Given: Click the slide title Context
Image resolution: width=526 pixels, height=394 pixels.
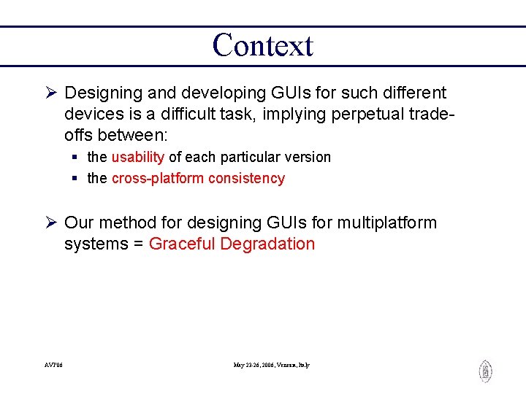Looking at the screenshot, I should [x=262, y=45].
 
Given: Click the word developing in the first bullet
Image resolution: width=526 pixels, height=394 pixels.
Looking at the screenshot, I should [x=212, y=93].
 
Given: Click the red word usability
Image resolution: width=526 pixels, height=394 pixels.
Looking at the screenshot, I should [x=138, y=157].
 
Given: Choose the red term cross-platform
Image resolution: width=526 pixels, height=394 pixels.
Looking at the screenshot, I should [x=158, y=178].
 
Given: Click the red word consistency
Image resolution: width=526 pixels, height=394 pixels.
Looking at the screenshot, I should [x=246, y=178].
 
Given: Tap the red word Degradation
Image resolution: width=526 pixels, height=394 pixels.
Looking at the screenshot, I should [x=267, y=244].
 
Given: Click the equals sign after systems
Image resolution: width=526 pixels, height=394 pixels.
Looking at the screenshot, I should [x=137, y=244].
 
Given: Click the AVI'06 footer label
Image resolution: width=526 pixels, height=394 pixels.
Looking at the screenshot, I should [x=53, y=365].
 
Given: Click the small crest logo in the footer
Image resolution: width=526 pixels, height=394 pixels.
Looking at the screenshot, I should [x=485, y=371].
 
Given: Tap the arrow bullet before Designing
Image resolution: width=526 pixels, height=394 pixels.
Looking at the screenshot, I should [x=51, y=93].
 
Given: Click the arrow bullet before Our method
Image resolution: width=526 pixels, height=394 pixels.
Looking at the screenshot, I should [x=51, y=223].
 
